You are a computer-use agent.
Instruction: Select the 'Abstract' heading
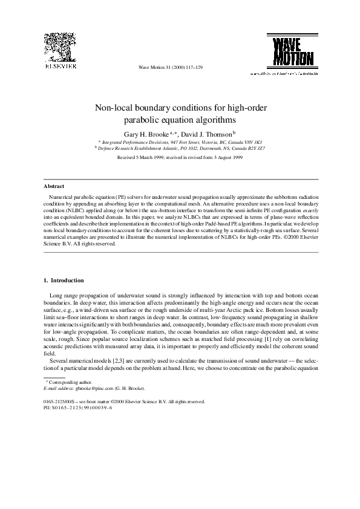pos(54,186)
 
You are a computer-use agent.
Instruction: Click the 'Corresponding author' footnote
pos(69,383)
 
